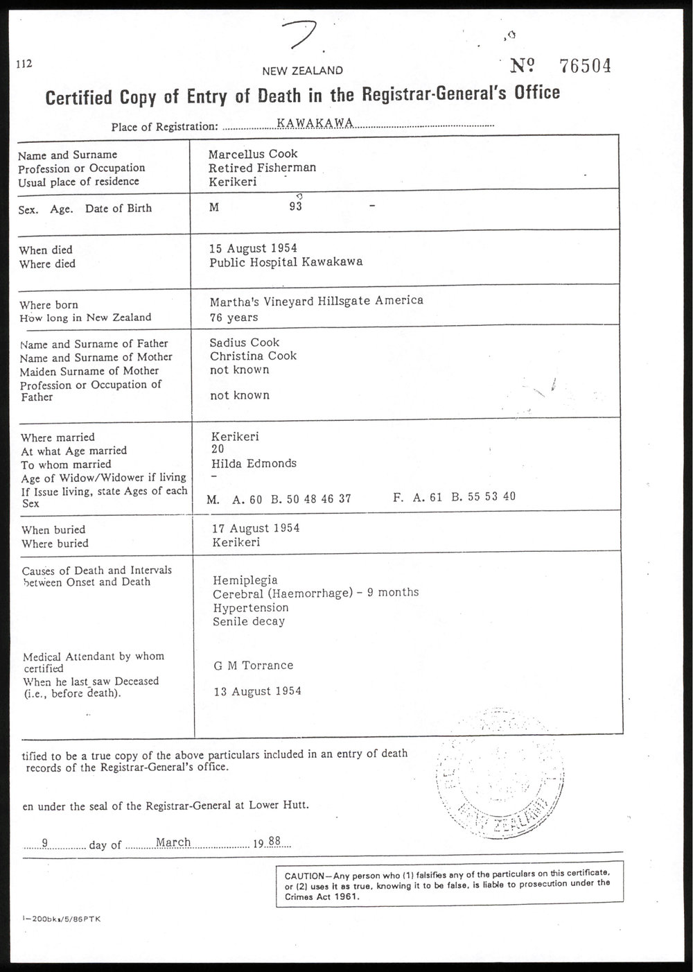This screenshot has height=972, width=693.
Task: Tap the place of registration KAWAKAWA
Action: pyautogui.click(x=315, y=123)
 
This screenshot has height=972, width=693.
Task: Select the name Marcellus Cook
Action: pyautogui.click(x=253, y=154)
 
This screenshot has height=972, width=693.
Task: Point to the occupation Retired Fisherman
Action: pyautogui.click(x=262, y=167)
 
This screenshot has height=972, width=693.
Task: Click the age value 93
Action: pyautogui.click(x=296, y=208)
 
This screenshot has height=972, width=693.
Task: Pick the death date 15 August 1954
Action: pyautogui.click(x=254, y=248)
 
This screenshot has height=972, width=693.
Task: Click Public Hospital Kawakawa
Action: pyautogui.click(x=286, y=262)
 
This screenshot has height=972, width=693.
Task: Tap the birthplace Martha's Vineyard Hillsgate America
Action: pyautogui.click(x=316, y=300)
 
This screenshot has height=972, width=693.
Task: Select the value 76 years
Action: pyautogui.click(x=234, y=318)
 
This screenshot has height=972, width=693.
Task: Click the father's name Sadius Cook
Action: pyautogui.click(x=245, y=342)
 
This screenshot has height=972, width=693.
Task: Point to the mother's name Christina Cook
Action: pyautogui.click(x=253, y=356)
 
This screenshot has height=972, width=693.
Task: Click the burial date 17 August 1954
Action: pyautogui.click(x=256, y=528)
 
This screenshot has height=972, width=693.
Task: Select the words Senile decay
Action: pyautogui.click(x=249, y=621)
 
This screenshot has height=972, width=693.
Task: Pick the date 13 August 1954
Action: pyautogui.click(x=256, y=691)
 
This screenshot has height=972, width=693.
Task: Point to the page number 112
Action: pyautogui.click(x=25, y=64)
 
